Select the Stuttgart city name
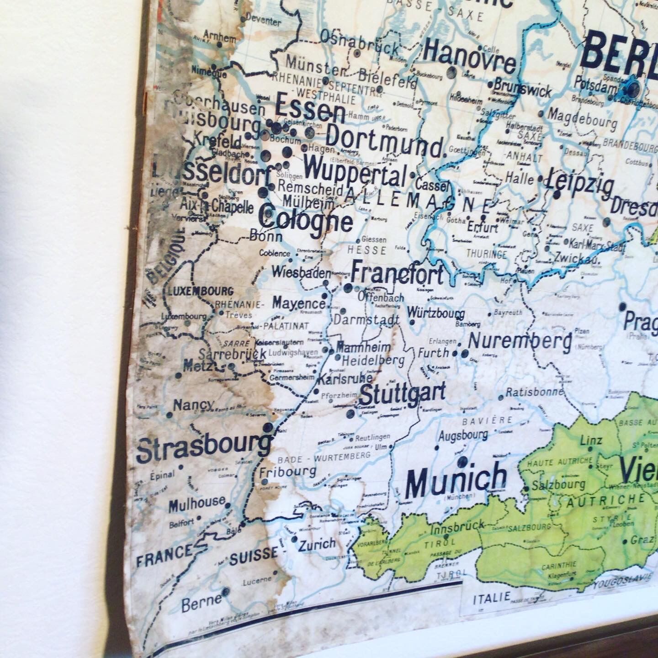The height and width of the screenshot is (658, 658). click(x=403, y=394)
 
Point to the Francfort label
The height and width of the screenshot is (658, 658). click(x=397, y=274)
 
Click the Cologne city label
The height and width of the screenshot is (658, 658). click(x=306, y=220)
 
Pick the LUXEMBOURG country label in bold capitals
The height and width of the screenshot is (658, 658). click(x=201, y=291)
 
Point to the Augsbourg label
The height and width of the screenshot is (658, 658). click(x=463, y=435)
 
